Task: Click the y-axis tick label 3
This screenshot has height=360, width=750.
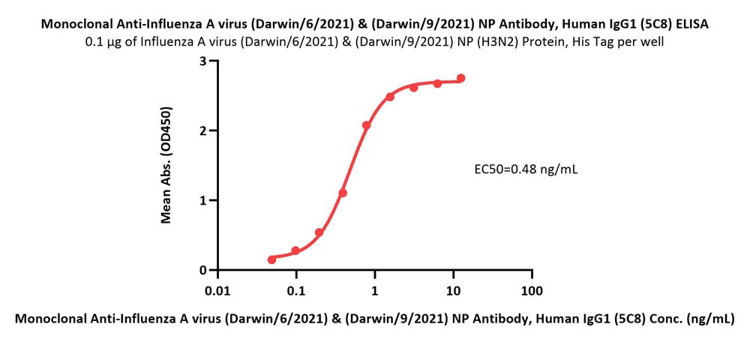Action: (202, 61)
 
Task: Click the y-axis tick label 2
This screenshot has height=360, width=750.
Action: (202, 130)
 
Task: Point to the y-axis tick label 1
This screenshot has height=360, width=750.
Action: (202, 200)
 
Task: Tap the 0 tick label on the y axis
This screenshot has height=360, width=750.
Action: (202, 270)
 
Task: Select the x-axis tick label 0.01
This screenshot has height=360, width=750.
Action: (217, 289)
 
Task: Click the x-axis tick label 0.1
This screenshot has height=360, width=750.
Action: (296, 289)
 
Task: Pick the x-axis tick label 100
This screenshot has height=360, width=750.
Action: (532, 289)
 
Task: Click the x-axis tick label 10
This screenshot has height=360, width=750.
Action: (453, 289)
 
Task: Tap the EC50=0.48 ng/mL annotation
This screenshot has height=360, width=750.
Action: (526, 169)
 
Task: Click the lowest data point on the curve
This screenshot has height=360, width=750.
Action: (271, 259)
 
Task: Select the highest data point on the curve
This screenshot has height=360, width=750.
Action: (460, 78)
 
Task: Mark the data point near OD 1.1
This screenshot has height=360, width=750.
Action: (343, 193)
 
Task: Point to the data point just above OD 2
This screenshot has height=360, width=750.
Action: (367, 125)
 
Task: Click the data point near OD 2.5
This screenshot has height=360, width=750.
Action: (390, 97)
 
